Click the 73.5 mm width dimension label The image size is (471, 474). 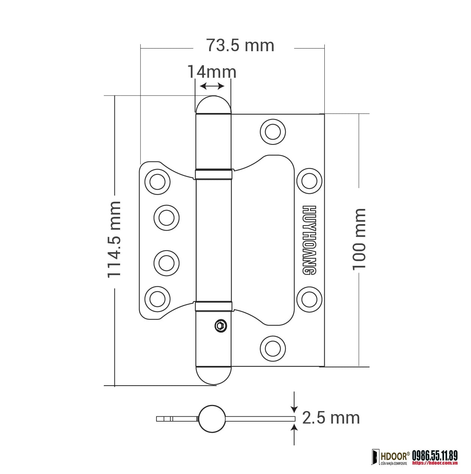[x=240, y=46]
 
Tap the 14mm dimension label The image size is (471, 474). [x=212, y=72]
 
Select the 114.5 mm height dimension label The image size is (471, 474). [x=114, y=240]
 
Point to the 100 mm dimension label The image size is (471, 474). [x=359, y=240]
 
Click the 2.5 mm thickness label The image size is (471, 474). [x=331, y=418]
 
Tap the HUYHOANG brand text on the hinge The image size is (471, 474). [x=309, y=240]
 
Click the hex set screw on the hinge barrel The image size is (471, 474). [x=221, y=326]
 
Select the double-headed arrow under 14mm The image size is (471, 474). [x=212, y=86]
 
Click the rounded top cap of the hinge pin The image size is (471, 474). [x=213, y=104]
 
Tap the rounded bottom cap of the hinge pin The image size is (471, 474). [x=213, y=376]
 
